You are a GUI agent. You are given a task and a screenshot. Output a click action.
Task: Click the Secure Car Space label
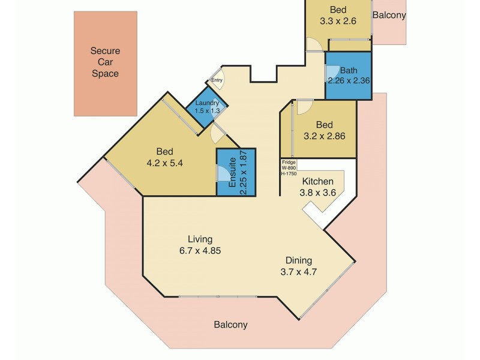105,62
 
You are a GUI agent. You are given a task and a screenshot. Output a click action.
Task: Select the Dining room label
298,260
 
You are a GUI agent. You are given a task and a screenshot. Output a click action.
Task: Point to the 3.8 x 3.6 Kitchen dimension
318,193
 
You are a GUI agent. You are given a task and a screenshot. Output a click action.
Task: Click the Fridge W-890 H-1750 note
289,167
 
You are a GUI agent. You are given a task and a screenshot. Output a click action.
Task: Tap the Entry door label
217,80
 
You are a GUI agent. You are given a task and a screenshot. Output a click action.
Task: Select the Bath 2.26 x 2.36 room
348,75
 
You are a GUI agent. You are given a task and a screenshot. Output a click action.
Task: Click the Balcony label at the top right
389,16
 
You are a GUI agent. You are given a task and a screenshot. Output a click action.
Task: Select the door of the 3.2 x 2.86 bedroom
303,107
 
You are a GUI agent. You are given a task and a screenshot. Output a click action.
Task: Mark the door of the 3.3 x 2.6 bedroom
314,45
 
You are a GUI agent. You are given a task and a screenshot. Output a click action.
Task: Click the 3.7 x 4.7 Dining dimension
298,272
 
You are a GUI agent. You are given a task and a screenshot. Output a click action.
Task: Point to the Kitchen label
318,181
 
